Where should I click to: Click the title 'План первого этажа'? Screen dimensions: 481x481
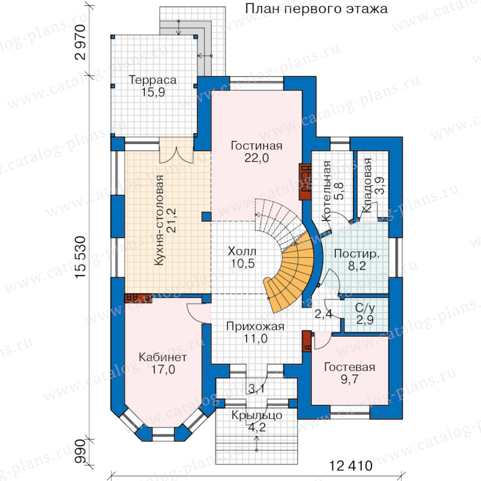[x=316, y=9]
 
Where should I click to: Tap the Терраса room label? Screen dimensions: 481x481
[x=153, y=80]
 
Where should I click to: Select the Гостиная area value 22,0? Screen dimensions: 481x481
[x=257, y=158]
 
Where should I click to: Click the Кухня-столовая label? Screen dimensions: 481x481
[x=159, y=220]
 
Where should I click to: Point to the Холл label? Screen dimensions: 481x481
[x=242, y=252]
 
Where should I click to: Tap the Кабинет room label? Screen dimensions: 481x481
[x=163, y=358]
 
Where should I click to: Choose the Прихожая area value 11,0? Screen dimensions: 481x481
[x=255, y=339]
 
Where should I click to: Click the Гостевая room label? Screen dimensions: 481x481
[x=350, y=367]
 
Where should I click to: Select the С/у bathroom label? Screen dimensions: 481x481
[x=365, y=308]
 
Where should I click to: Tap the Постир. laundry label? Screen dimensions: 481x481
[x=357, y=254]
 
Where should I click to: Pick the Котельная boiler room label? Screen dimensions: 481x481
[x=327, y=191]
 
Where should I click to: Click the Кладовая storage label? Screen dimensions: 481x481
[x=367, y=185]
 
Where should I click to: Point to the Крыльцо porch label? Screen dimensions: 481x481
[x=257, y=415]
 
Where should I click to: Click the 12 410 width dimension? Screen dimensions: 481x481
[x=351, y=466]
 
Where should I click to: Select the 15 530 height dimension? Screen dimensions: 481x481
[x=80, y=257]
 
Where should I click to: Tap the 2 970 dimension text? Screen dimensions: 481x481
[x=80, y=42]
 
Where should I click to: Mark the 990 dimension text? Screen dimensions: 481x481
[x=80, y=451]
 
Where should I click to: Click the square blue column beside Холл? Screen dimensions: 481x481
[x=206, y=216]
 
